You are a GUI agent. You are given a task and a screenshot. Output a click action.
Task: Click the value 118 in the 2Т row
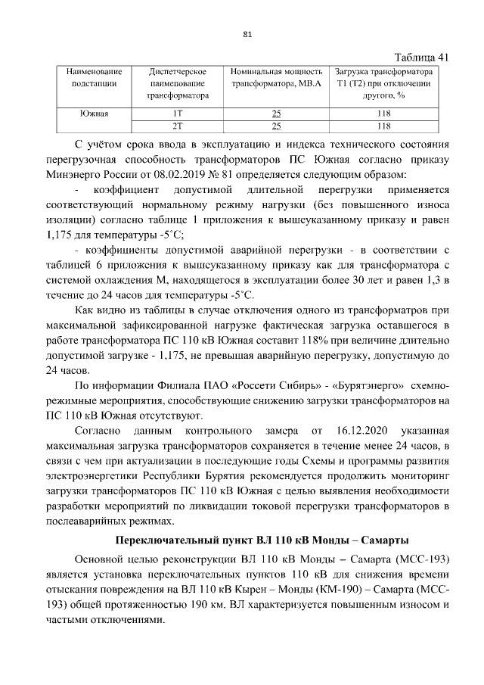pos(384,126)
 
